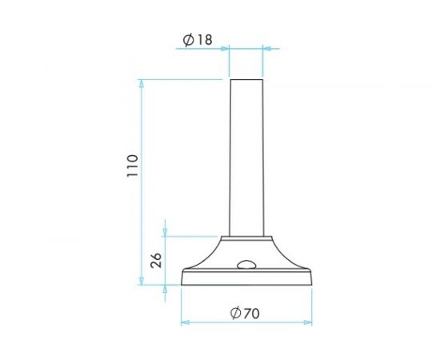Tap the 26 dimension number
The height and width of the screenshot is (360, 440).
click(157, 259)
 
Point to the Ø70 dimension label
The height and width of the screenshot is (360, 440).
click(246, 313)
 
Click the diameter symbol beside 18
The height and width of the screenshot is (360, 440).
click(188, 40)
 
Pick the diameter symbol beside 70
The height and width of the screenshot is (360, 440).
click(235, 313)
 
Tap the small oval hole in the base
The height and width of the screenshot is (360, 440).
click(245, 264)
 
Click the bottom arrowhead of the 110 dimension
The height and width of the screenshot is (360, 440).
click(142, 281)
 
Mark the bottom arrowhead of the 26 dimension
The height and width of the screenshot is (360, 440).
click(166, 281)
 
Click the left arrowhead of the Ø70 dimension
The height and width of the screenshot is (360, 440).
click(186, 322)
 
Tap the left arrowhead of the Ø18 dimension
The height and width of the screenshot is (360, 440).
click(226, 49)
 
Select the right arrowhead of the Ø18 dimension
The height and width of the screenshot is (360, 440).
click(267, 49)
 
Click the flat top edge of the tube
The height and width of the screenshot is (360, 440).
click(246, 79)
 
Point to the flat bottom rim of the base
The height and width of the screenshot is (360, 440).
click(246, 284)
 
